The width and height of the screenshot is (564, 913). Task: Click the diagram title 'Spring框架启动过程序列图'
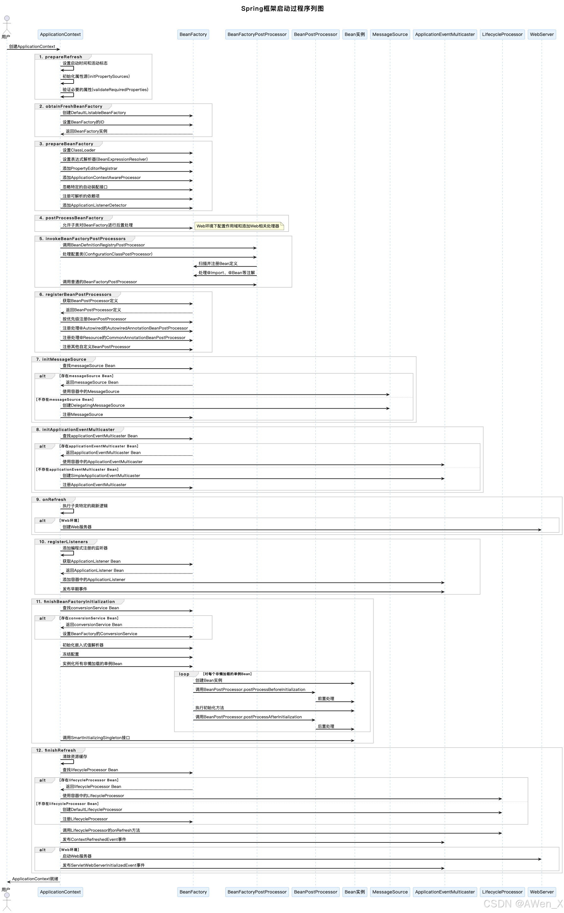282,9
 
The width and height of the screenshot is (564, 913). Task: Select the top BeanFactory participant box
193,34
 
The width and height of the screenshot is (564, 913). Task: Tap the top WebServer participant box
542,34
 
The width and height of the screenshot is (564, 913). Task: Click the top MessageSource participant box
390,34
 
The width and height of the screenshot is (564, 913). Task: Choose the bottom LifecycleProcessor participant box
502,892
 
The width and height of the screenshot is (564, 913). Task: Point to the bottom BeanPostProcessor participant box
315,892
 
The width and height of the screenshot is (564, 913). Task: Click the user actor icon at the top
7,24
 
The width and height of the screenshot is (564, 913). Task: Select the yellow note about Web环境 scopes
239,226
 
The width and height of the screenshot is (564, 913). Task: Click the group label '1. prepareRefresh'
60,57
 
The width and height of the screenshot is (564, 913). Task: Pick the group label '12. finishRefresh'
56,750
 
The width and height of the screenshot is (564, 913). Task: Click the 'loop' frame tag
184,674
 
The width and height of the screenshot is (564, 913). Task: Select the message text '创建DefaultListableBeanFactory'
94,113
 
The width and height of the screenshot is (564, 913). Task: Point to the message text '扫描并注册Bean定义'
218,264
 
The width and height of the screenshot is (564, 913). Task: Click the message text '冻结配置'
70,654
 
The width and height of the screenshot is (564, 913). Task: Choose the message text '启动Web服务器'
77,856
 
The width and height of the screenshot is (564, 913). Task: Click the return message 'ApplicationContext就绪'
35,879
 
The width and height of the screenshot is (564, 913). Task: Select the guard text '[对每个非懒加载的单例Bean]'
227,674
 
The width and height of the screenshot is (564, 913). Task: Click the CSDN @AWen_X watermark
522,903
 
